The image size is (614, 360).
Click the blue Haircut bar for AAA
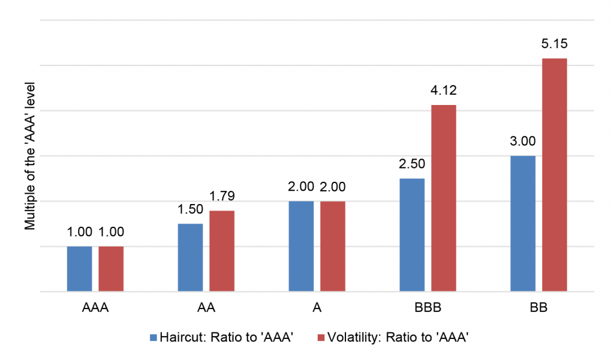(x=79, y=269)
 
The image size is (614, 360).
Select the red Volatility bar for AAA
(x=111, y=269)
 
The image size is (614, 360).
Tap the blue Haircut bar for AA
(x=190, y=257)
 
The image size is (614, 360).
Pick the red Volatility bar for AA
(x=222, y=251)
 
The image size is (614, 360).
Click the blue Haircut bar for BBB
(x=412, y=235)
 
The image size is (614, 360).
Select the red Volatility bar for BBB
(x=444, y=198)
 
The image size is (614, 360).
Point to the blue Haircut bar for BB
(x=522, y=223)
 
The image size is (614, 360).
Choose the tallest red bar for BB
(x=555, y=175)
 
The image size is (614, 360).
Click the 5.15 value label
(x=555, y=44)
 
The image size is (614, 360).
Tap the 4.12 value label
(x=444, y=91)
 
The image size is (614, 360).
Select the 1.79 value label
(x=222, y=196)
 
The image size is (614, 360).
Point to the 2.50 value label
(x=411, y=164)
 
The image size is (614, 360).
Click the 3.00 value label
(x=522, y=142)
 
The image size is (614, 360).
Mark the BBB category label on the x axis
(x=428, y=309)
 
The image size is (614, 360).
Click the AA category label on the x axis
(x=206, y=309)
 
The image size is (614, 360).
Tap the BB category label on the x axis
(x=538, y=309)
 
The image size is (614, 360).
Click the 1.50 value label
(x=190, y=209)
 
